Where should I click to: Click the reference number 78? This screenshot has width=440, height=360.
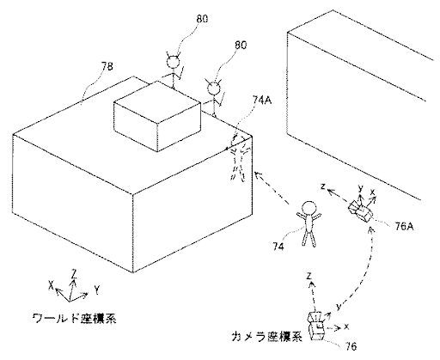107,66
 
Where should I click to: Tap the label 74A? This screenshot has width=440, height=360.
262,100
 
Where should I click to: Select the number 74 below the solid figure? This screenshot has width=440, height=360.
278,247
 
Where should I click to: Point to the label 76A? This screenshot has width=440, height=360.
404,227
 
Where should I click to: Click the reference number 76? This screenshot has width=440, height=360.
351,346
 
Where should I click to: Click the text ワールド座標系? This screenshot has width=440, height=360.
74,318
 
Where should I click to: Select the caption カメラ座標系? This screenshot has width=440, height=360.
267,337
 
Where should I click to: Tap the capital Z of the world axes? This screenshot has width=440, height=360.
74,274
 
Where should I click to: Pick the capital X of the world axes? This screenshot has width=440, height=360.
52,284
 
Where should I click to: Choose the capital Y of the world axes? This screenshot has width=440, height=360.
97,290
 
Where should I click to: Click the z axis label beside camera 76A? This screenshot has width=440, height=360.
323,186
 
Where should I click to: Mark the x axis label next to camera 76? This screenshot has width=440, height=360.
346,326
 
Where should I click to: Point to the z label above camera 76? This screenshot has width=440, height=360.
309,276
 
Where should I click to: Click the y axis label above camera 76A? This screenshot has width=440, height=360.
361,188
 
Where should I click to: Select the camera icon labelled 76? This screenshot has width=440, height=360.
316,326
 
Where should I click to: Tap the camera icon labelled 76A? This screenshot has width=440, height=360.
360,211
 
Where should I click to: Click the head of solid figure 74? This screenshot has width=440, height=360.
309,209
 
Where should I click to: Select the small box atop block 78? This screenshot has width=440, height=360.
157,116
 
